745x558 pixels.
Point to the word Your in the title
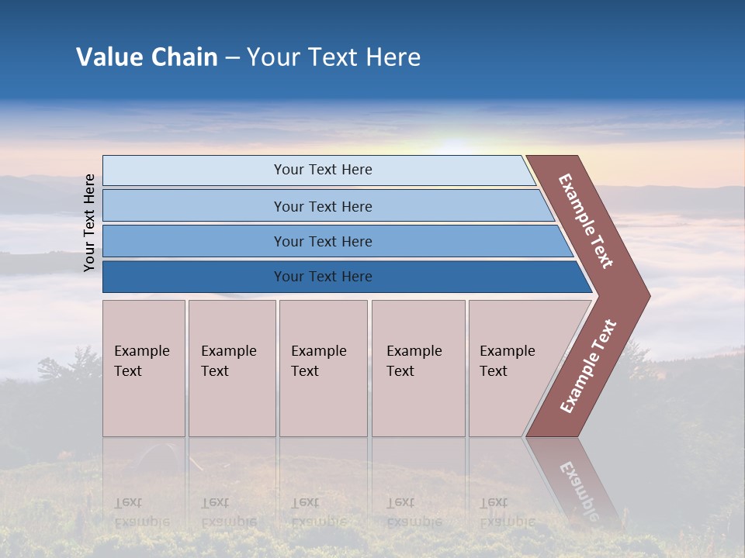pyautogui.click(x=271, y=57)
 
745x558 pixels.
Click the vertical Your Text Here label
pyautogui.click(x=89, y=222)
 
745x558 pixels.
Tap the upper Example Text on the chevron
pyautogui.click(x=586, y=221)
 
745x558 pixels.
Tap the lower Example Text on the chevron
pyautogui.click(x=588, y=367)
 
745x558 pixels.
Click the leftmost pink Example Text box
pyautogui.click(x=144, y=368)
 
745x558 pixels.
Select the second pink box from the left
pyautogui.click(x=232, y=368)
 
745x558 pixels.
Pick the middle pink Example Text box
pyautogui.click(x=323, y=368)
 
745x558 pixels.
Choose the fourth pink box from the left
pyautogui.click(x=418, y=368)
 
